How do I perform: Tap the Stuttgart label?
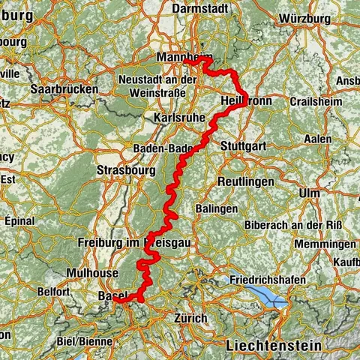[244, 147]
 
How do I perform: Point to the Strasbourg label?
[125, 170]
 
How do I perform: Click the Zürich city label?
[190, 318]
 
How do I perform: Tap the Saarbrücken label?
[64, 88]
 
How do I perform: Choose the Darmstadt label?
[201, 8]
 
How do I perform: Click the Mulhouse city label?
[91, 273]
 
